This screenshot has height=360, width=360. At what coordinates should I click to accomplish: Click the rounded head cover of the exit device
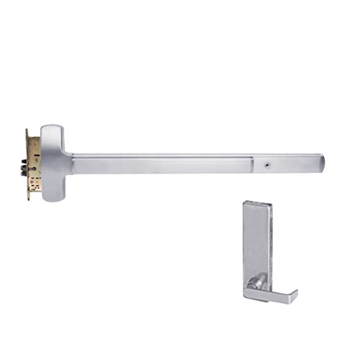[x=53, y=163]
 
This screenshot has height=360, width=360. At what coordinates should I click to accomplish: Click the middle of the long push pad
[x=162, y=163]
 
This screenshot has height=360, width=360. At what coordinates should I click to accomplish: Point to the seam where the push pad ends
[x=253, y=163]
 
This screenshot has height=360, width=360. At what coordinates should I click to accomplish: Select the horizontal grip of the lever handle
[x=270, y=294]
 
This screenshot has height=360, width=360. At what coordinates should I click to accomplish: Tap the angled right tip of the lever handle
[x=292, y=292]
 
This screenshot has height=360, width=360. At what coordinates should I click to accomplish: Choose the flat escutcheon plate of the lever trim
[x=257, y=238]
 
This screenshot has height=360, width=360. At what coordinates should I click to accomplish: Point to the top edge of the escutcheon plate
[x=256, y=202]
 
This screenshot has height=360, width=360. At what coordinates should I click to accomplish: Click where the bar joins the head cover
[x=71, y=163]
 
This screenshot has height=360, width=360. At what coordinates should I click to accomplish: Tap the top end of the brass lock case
[x=30, y=131]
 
